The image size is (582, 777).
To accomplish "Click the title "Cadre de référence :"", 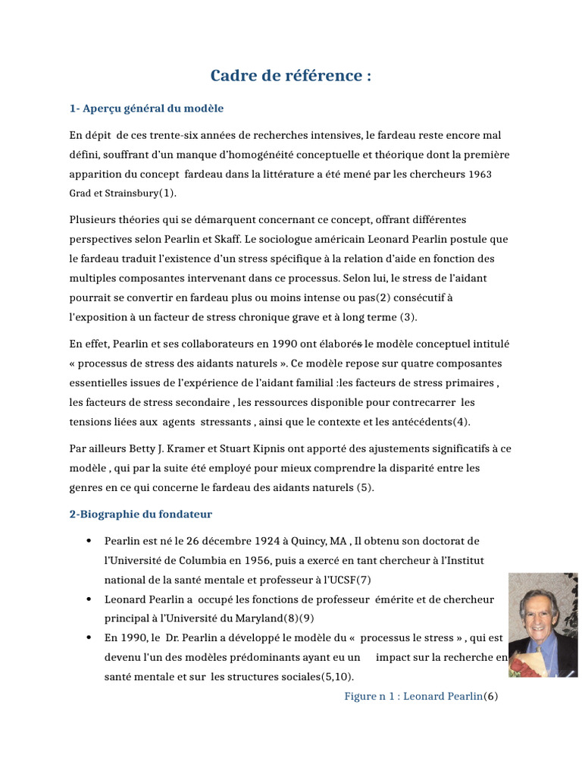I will pos(291,77).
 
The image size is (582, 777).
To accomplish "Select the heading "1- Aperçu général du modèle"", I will pos(146,109).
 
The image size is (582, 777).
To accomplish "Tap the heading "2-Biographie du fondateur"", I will pos(141,514).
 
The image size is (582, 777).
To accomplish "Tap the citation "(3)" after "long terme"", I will pos(408,316).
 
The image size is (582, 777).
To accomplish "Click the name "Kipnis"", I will pos(264,448).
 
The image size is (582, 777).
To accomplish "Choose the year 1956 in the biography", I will pos(250,560).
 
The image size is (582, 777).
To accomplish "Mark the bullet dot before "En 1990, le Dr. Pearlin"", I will pos(89,637).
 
